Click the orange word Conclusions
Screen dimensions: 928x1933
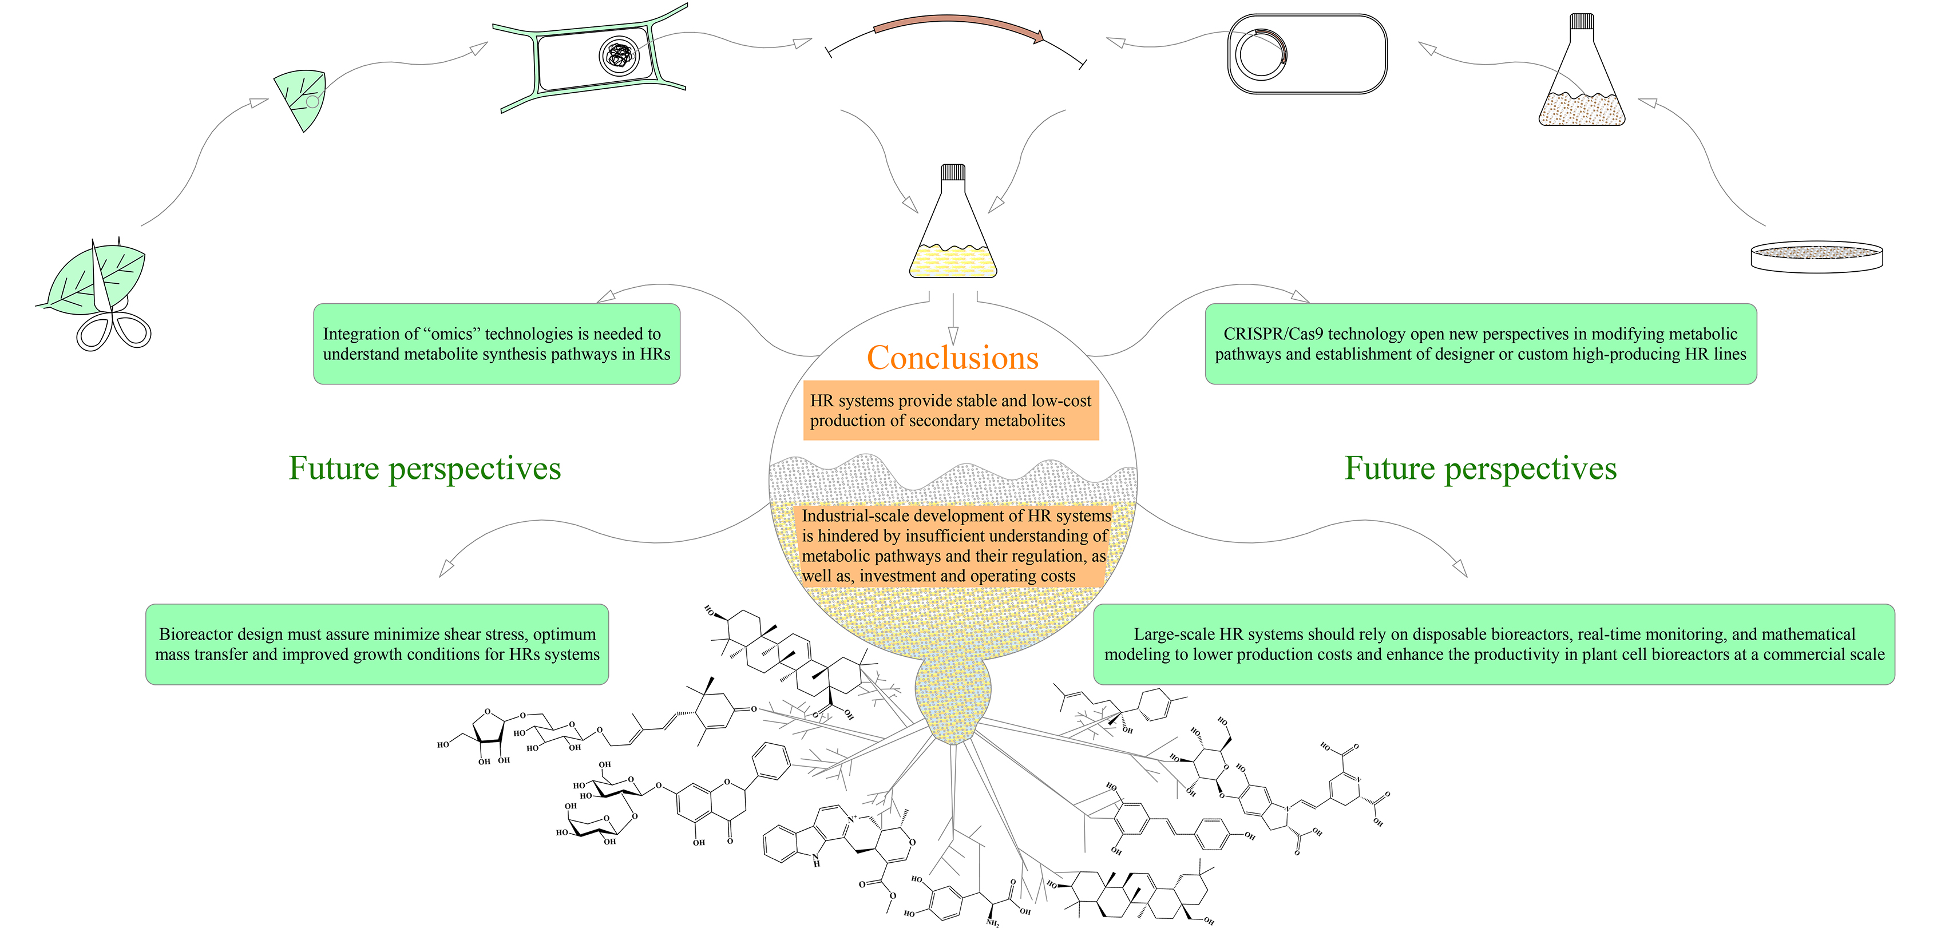click(x=952, y=358)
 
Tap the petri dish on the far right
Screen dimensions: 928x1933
click(x=1815, y=256)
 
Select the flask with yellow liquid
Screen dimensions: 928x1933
click(x=953, y=232)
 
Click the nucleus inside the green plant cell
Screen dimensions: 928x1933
click(x=619, y=55)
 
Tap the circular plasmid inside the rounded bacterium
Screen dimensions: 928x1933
click(x=1261, y=54)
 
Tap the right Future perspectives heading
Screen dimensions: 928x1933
click(x=1480, y=468)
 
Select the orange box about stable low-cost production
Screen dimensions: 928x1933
click(x=950, y=410)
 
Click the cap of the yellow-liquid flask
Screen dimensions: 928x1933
click(x=953, y=173)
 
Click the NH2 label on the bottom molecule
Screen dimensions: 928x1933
click(x=993, y=923)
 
